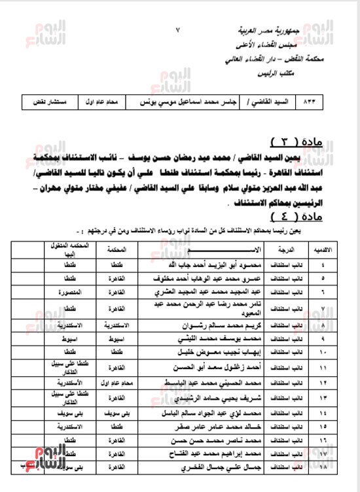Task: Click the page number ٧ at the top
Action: pos(179,30)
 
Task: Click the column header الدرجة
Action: pos(289,250)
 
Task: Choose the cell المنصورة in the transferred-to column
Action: pos(65,291)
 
